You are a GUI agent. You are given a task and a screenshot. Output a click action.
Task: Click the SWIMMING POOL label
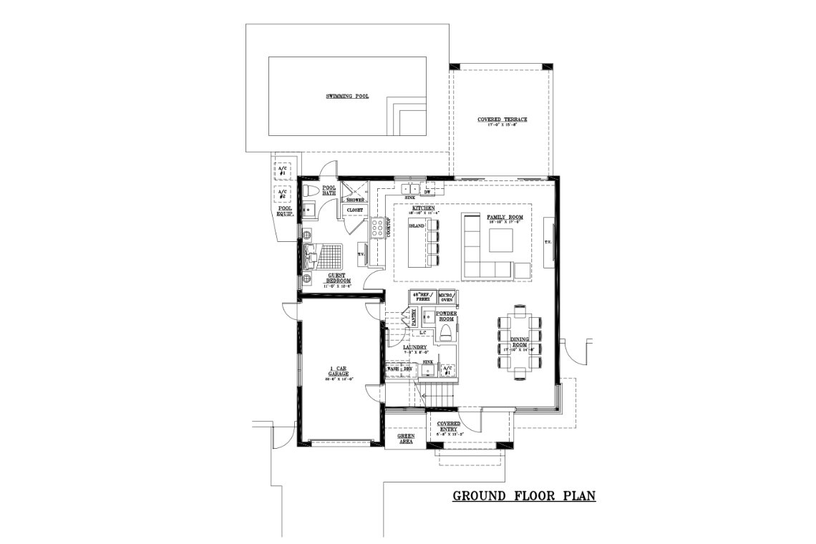(x=347, y=96)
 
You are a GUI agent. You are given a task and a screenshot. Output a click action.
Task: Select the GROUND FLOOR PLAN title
(x=524, y=495)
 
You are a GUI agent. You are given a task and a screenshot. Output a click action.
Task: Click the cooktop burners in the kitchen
(x=377, y=228)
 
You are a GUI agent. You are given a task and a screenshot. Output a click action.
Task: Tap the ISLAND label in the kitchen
(x=416, y=225)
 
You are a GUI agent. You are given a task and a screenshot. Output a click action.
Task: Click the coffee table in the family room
(x=501, y=241)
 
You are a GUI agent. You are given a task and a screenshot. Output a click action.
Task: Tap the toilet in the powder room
(x=445, y=331)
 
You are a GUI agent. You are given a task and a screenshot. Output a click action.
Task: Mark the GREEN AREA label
(x=406, y=438)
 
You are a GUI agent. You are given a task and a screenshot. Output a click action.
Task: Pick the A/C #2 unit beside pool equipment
(x=283, y=194)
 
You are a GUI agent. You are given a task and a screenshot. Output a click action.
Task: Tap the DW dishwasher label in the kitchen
(x=427, y=191)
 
